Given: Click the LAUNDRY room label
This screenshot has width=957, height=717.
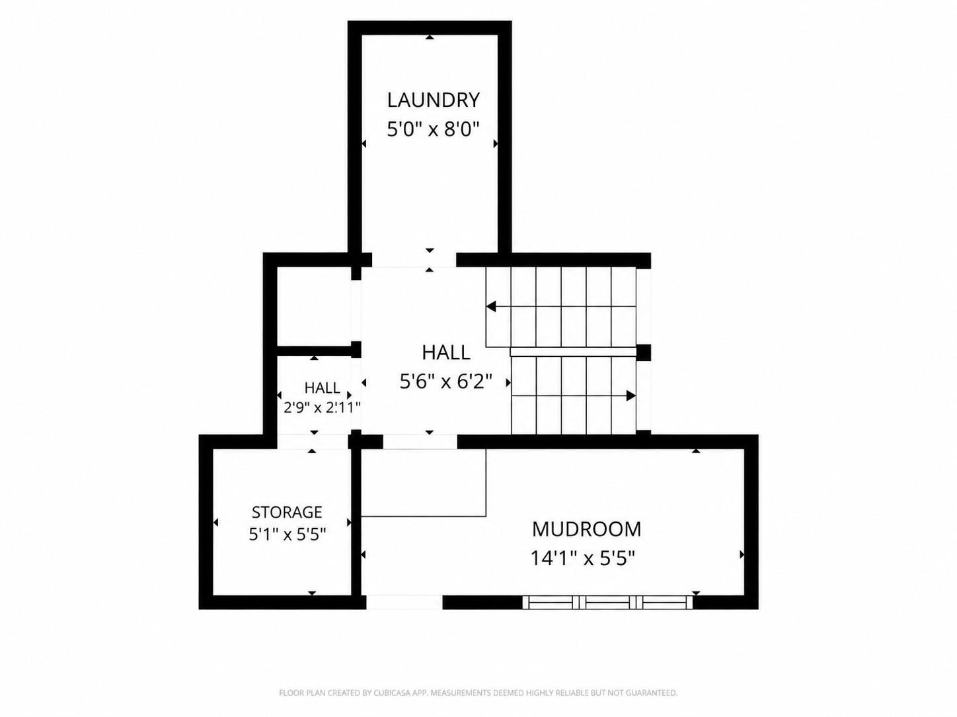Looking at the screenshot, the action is (x=434, y=100).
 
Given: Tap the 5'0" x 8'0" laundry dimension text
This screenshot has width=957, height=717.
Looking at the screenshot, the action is (x=434, y=129).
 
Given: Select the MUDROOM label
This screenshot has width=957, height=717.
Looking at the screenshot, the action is (x=586, y=529).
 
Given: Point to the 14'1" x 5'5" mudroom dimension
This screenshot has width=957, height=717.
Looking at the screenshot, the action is (x=582, y=558).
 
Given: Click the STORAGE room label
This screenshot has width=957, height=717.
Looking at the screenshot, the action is (x=287, y=512).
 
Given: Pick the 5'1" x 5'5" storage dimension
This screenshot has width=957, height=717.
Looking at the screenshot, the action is (x=287, y=534).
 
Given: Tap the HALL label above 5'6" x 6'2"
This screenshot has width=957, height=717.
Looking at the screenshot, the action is (x=446, y=352).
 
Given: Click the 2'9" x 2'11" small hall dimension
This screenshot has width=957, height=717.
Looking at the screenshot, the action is (x=322, y=408).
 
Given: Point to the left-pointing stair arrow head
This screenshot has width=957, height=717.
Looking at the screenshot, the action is (x=491, y=306).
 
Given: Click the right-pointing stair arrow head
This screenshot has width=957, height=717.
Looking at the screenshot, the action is (x=631, y=395).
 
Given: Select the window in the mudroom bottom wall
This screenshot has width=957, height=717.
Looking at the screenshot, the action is (x=607, y=602).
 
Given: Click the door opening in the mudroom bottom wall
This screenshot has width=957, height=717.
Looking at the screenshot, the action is (x=404, y=602).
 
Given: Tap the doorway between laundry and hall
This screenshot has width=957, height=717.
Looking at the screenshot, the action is (x=414, y=260).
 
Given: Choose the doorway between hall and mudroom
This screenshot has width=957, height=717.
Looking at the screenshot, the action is (x=420, y=442).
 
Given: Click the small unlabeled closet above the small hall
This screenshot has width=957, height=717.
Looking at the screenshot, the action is (x=314, y=306).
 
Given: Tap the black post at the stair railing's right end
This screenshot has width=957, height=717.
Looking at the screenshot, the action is (x=644, y=353).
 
